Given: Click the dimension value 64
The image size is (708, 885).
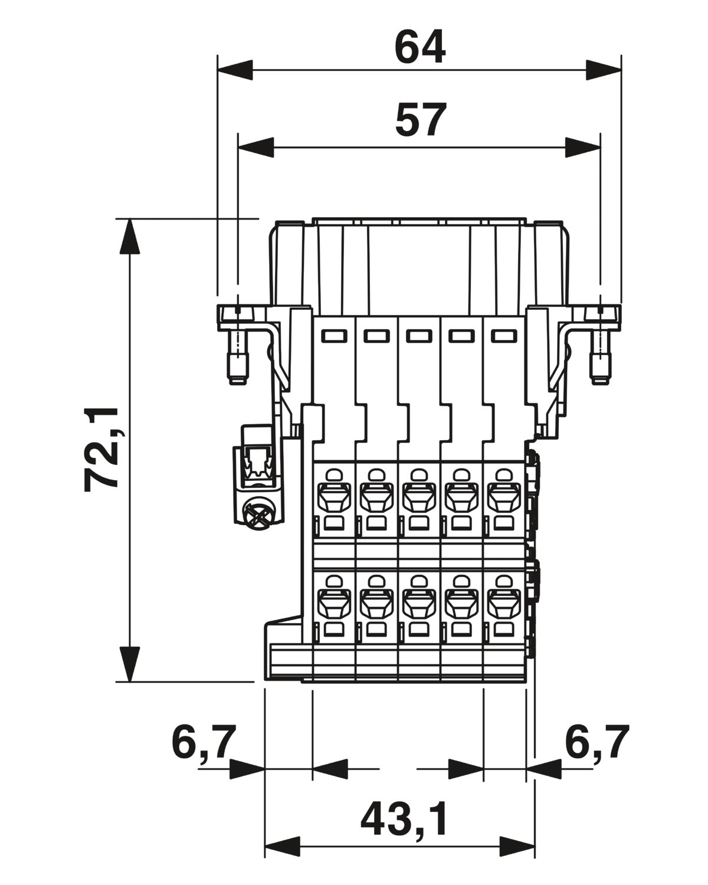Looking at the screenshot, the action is coord(419,47).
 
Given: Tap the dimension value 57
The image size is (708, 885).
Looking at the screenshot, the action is coord(421,120).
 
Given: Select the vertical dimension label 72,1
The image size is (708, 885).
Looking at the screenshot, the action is coord(101,450).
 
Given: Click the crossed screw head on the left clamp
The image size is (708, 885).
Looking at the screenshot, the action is coord(256,514).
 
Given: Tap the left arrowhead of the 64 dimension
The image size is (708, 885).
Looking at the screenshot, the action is coord(235,70).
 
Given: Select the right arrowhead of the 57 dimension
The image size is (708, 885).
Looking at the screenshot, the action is coord(582,147).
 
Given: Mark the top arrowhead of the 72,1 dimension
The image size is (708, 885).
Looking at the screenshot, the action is coord(130,236).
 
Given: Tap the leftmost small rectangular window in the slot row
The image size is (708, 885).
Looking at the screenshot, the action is coord(334,336).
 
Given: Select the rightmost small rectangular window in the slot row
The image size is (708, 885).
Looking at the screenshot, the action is coord(504,336).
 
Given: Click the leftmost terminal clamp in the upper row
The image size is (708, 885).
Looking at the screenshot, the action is coord(334,499).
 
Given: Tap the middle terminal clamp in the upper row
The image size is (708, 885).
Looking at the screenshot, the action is coord(419,499).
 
